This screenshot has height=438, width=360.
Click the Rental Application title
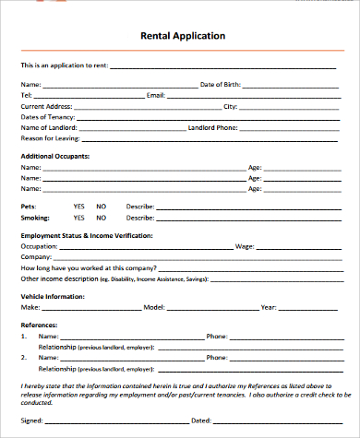pos(182,37)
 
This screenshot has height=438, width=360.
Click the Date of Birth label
pos(221,84)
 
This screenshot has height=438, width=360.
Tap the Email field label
pos(155,95)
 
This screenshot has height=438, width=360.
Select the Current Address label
pos(46,106)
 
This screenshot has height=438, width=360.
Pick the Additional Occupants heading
pos(54,157)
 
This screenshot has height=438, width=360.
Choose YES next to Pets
pos(78,207)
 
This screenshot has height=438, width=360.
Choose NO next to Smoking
pos(101,218)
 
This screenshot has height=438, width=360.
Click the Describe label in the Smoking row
pos(139,218)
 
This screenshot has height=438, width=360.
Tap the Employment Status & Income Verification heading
pos(87,236)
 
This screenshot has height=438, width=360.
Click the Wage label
pos(245,246)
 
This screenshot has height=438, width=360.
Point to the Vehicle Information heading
pos(53,296)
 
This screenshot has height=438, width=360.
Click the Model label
pos(153,306)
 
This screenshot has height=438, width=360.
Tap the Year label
pos(269,306)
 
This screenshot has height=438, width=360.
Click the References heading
pos(39,326)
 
